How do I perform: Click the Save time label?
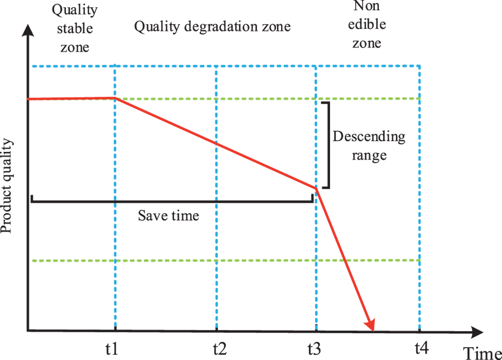click(169, 216)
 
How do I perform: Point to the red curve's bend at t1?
click(115, 98)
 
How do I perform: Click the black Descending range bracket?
click(329, 144)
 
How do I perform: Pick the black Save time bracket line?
click(172, 201)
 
